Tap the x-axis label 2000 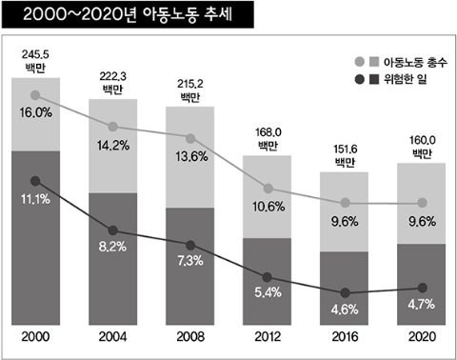[36, 339]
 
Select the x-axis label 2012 [268, 339]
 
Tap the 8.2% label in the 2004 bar [113, 246]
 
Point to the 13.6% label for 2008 [190, 156]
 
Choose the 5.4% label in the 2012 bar [268, 292]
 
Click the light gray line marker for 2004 [113, 127]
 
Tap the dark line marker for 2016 [345, 292]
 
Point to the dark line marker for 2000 [36, 180]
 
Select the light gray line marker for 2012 [268, 189]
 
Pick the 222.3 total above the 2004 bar [113, 82]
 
